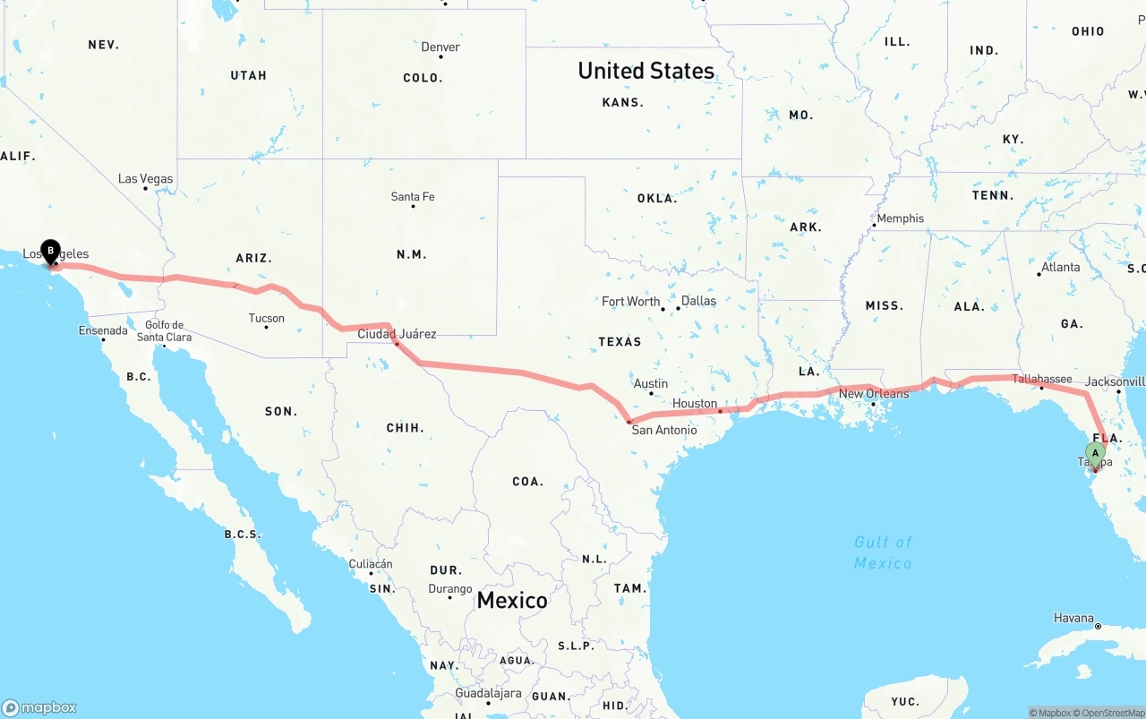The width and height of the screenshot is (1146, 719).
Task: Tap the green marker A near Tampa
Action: click(x=1095, y=454)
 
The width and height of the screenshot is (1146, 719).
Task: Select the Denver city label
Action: click(x=440, y=47)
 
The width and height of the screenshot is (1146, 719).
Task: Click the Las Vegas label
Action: click(x=145, y=179)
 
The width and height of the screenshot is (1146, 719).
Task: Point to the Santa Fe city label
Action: click(x=413, y=197)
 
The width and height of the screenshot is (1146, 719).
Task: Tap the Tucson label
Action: click(x=266, y=318)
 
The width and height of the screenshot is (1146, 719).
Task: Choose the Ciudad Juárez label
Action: click(x=397, y=334)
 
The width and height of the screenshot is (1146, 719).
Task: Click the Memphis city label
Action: click(x=900, y=218)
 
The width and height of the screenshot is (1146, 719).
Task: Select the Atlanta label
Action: click(x=1060, y=267)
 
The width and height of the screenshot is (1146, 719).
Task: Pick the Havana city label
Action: click(x=1073, y=618)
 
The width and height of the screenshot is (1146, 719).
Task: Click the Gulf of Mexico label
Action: click(x=883, y=552)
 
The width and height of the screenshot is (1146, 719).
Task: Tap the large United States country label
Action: click(x=646, y=71)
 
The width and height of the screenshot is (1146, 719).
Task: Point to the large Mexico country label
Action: click(x=511, y=600)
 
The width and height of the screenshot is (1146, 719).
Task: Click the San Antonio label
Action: click(x=664, y=431)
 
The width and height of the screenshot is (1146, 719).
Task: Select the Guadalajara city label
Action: click(x=488, y=693)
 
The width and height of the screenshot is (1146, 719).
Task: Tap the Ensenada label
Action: click(x=103, y=330)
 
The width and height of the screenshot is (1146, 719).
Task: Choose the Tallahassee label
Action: click(x=1042, y=379)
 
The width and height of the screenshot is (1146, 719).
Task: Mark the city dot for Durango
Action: click(x=449, y=597)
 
